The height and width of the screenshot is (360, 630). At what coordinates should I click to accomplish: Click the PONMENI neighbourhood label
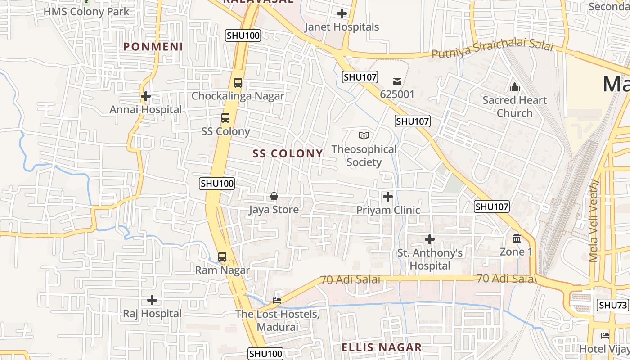point(153,47)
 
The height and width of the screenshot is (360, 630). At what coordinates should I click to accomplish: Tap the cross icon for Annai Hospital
point(145,96)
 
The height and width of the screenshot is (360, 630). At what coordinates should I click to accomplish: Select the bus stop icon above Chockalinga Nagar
point(238,83)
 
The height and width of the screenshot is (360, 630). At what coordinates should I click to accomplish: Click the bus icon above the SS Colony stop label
point(225,118)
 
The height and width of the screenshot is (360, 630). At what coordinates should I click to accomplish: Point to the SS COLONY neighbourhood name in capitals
point(288,154)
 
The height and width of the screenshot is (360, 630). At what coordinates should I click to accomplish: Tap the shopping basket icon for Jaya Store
point(274,197)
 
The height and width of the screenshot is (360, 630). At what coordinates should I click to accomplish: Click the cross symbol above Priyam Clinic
point(387,197)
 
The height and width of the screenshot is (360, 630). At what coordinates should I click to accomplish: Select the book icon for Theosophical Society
point(364,135)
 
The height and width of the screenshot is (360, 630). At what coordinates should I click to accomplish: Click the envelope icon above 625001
point(397,81)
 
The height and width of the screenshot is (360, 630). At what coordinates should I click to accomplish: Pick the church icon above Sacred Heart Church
point(514,87)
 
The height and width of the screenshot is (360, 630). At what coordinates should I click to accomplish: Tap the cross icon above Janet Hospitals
point(342,13)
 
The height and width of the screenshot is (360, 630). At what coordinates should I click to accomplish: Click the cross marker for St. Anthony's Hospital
point(430,239)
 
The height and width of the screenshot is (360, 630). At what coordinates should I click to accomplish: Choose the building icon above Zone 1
point(516,238)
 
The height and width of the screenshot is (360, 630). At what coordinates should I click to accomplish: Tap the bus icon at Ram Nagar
point(222,257)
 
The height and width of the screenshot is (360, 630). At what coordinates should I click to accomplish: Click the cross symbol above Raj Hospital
point(152,300)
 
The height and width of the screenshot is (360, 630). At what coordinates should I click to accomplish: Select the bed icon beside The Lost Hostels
point(277,301)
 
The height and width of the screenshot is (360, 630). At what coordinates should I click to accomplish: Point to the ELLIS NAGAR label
point(382,347)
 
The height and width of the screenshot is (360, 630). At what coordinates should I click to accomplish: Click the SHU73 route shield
point(613,305)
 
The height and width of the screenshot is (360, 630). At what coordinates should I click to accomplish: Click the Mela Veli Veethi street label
point(594,220)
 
